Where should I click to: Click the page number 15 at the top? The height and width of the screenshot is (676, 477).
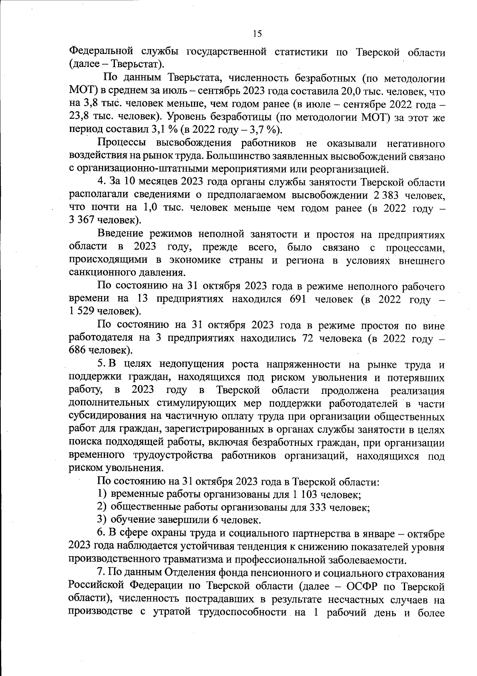(x=257, y=34)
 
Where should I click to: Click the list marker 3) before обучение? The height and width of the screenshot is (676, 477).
(x=102, y=520)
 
